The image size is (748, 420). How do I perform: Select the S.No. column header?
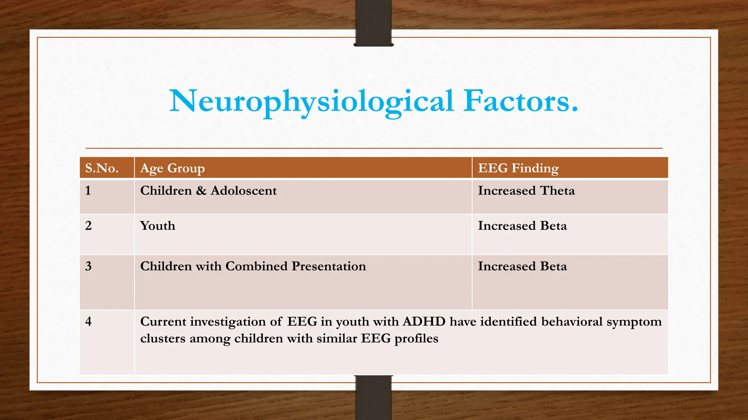(x=102, y=168)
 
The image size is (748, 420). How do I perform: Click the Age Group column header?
(x=172, y=168)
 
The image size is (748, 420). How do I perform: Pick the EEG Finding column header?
(x=518, y=168)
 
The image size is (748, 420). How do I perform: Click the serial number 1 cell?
(x=88, y=191)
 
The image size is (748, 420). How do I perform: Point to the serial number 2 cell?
(x=88, y=226)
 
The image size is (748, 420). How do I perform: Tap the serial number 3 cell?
(x=88, y=266)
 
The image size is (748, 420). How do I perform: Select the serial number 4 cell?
(x=88, y=322)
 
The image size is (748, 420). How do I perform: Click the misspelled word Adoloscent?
(x=244, y=191)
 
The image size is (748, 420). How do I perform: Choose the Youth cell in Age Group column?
(x=157, y=226)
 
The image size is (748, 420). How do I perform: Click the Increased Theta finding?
(x=526, y=191)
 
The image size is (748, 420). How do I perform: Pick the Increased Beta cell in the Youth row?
(x=522, y=226)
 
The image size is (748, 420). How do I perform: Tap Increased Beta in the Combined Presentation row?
(x=522, y=266)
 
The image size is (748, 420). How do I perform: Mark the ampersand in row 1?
(x=201, y=191)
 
